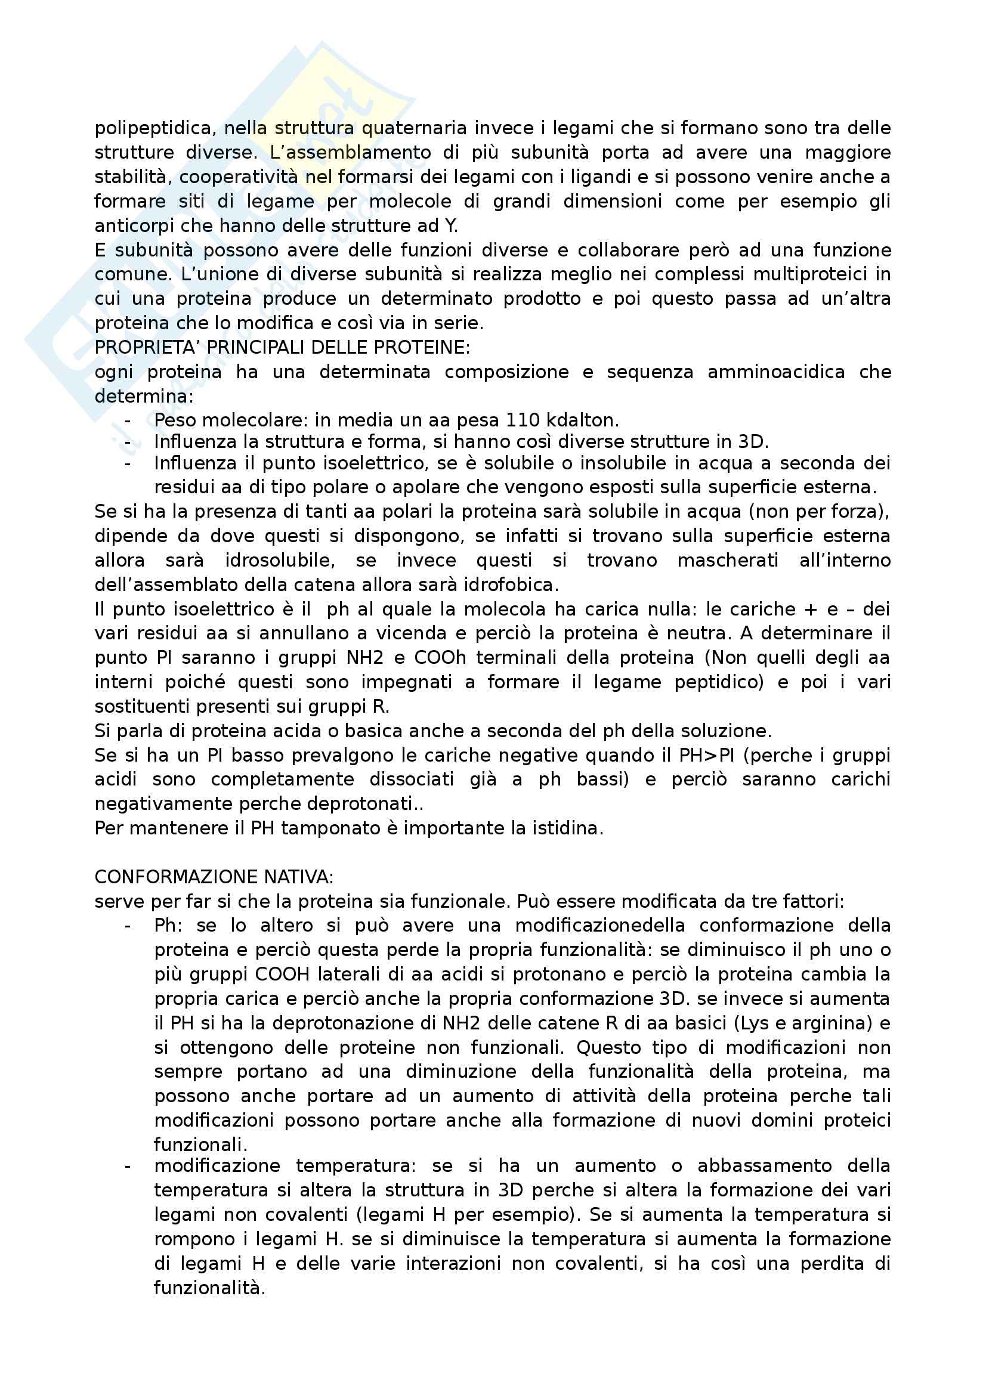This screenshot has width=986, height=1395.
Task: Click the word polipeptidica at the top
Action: pos(153,128)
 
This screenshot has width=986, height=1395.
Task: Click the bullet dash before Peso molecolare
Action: pos(128,420)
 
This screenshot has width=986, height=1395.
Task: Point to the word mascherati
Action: pos(727,560)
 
